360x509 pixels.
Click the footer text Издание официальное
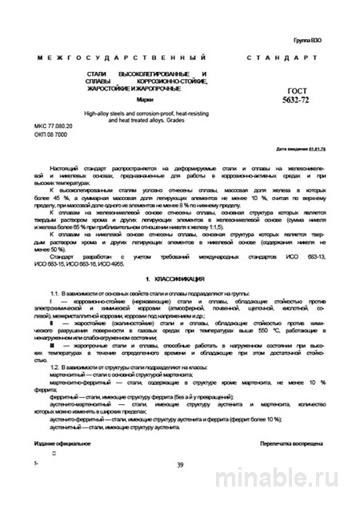[62, 443]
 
